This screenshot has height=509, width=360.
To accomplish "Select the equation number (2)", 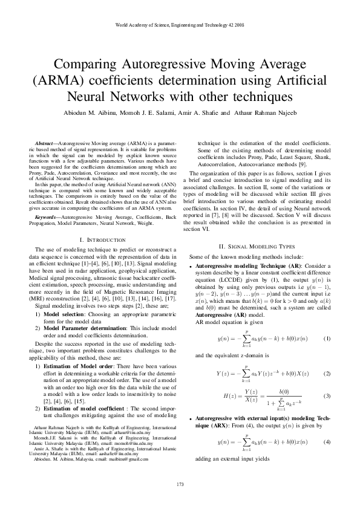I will (x=327, y=373).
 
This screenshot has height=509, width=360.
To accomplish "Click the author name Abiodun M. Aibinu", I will (x=88, y=112).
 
